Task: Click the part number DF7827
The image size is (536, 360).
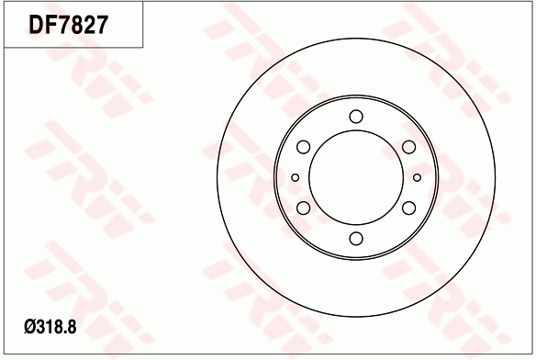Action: (x=68, y=25)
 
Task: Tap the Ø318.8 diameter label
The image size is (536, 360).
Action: (x=50, y=327)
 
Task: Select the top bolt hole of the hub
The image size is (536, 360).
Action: (x=356, y=117)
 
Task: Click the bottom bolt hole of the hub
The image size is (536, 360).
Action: (x=356, y=239)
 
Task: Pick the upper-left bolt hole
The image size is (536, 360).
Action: (x=303, y=147)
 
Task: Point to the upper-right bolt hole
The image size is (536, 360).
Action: (x=408, y=147)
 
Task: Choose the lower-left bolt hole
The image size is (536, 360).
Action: (x=303, y=208)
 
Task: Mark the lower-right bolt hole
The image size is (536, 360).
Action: (x=408, y=208)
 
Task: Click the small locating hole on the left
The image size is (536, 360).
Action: (x=296, y=177)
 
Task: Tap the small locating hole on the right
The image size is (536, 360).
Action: (x=417, y=177)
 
